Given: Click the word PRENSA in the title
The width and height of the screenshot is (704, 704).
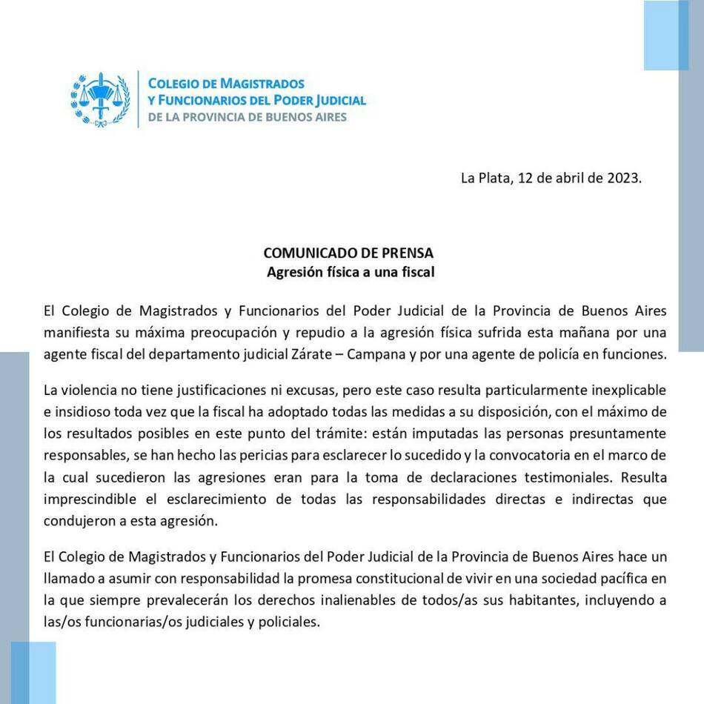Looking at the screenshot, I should tap(407, 253).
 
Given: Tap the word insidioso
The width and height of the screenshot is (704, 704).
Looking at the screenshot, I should tap(84, 411).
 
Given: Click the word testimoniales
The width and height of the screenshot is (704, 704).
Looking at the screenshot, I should tap(568, 477).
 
